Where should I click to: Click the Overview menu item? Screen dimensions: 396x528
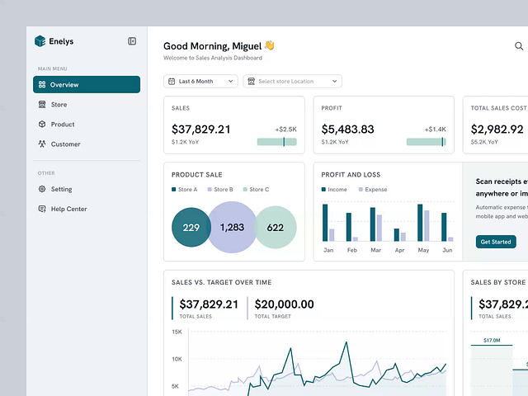pyautogui.click(x=86, y=84)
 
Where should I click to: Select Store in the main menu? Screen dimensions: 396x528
pyautogui.click(x=58, y=105)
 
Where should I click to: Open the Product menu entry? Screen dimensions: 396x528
pyautogui.click(x=62, y=125)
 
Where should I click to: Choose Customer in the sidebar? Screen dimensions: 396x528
pyautogui.click(x=65, y=144)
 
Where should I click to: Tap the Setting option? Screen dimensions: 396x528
pyautogui.click(x=61, y=189)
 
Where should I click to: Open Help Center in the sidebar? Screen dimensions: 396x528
pyautogui.click(x=68, y=209)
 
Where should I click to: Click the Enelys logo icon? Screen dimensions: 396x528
pyautogui.click(x=40, y=41)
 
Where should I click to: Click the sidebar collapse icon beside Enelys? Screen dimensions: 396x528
pyautogui.click(x=132, y=41)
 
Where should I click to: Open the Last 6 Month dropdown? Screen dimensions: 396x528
pyautogui.click(x=200, y=81)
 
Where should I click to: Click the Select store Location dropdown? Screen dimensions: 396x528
pyautogui.click(x=292, y=81)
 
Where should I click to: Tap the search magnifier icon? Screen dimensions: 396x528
pyautogui.click(x=519, y=47)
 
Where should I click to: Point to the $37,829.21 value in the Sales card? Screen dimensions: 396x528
pyautogui.click(x=201, y=130)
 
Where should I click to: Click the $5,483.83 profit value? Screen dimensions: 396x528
pyautogui.click(x=347, y=130)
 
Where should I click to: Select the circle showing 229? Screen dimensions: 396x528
pyautogui.click(x=191, y=228)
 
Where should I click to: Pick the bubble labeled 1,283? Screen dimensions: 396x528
pyautogui.click(x=233, y=228)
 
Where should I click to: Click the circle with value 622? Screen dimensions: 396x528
pyautogui.click(x=276, y=228)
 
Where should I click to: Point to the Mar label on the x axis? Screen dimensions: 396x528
pyautogui.click(x=376, y=250)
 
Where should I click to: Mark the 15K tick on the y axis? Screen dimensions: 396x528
pyautogui.click(x=177, y=332)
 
